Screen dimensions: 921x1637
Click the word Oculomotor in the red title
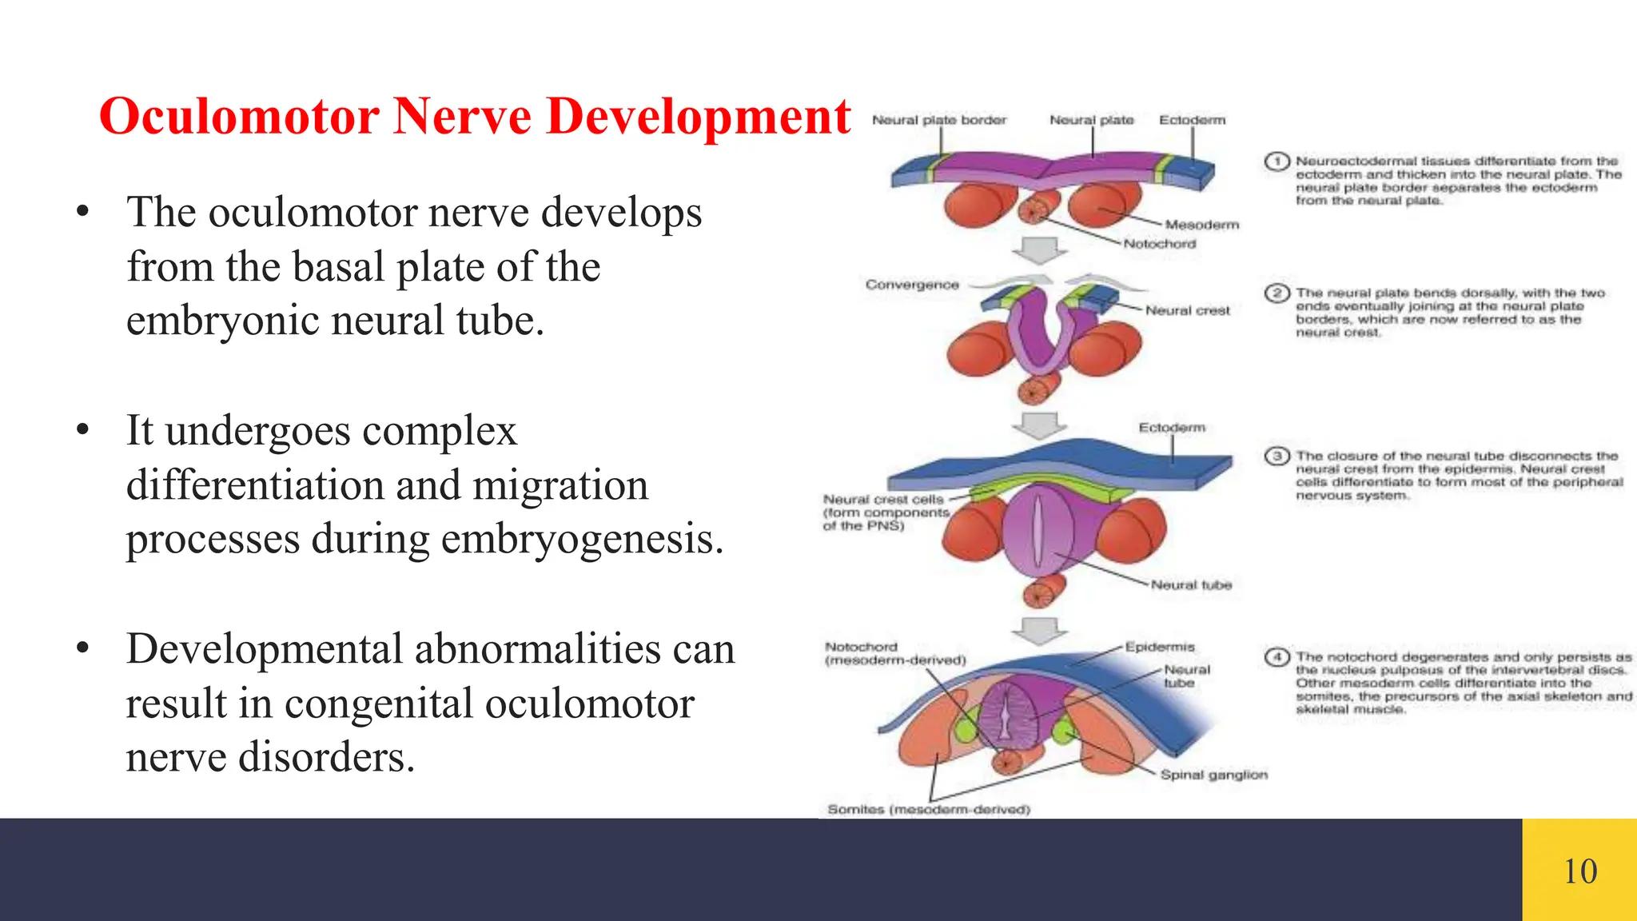[x=238, y=117]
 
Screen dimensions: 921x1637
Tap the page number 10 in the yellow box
[x=1579, y=871]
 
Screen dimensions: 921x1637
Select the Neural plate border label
[x=939, y=120]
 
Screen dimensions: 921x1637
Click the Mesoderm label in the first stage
[x=1201, y=225]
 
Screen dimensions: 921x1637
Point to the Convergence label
[x=912, y=285]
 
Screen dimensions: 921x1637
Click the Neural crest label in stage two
[x=1187, y=310]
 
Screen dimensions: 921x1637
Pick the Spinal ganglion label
[x=1213, y=775]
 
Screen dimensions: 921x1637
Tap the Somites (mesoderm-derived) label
[x=929, y=809]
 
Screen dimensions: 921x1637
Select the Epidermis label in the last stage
[x=1159, y=647]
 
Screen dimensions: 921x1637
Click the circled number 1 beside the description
[x=1277, y=161]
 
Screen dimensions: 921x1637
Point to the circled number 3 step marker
[x=1277, y=456]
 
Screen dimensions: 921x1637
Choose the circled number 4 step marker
[x=1277, y=657]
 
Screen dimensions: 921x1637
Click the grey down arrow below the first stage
[x=1039, y=250]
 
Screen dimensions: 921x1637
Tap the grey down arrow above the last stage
[x=1039, y=630]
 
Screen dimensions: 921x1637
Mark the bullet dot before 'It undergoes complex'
[x=82, y=430]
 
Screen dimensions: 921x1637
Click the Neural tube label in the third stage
[x=1191, y=585]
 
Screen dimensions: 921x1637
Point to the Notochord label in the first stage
[x=1159, y=244]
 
